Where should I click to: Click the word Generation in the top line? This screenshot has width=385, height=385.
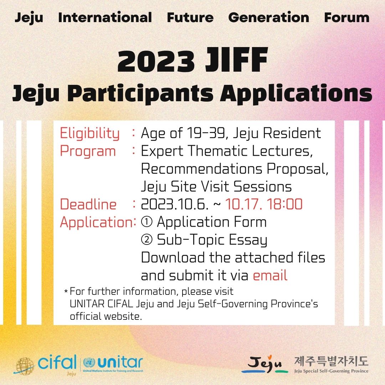click(x=269, y=18)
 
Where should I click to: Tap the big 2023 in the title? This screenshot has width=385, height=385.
click(x=156, y=61)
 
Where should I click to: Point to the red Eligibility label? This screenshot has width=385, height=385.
click(x=90, y=134)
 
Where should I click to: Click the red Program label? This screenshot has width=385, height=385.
click(x=88, y=152)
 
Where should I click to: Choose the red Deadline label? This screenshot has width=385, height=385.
click(x=88, y=204)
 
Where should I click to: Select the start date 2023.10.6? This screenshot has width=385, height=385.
click(x=175, y=204)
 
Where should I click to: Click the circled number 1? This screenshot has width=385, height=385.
click(x=147, y=222)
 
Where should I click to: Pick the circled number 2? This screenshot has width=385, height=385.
click(x=147, y=240)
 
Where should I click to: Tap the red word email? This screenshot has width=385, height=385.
click(x=270, y=275)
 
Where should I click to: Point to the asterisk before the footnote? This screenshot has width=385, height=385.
click(x=66, y=292)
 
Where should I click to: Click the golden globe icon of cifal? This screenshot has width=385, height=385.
click(x=25, y=366)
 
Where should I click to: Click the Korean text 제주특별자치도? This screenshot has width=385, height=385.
click(x=332, y=361)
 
